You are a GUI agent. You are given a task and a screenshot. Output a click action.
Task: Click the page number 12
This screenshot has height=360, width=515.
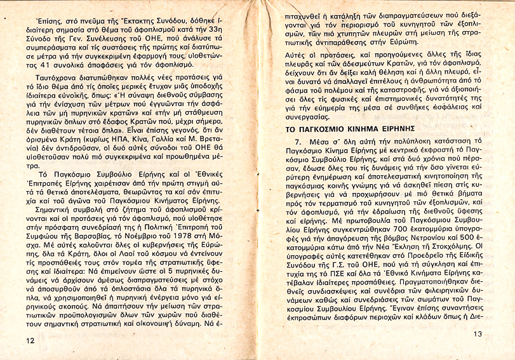coord(30,340)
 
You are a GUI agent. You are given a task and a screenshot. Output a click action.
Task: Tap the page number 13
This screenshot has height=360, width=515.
coord(478,335)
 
